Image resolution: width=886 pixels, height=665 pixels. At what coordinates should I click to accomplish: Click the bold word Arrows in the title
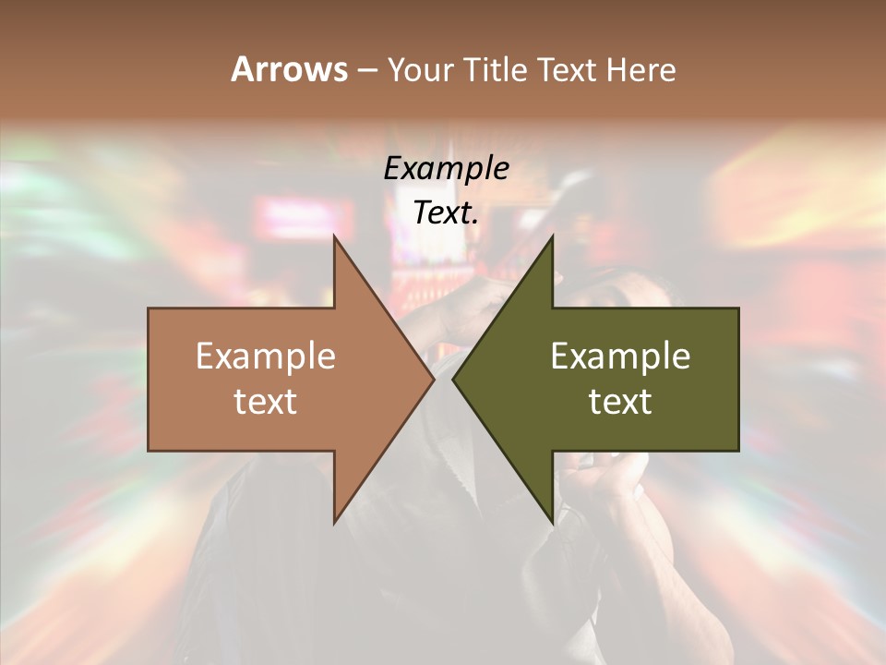[x=289, y=69]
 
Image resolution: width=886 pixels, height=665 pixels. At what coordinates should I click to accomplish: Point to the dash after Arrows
[x=366, y=70]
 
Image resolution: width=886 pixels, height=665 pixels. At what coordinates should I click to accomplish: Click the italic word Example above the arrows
[x=447, y=168]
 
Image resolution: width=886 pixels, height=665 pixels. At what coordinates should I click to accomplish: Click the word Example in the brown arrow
[x=266, y=357]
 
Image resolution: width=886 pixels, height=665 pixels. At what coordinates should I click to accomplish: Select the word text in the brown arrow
[x=266, y=402]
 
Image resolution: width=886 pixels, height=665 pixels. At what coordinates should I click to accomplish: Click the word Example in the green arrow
[x=620, y=357]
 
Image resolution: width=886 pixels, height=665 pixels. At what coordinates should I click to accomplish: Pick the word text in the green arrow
[x=620, y=402]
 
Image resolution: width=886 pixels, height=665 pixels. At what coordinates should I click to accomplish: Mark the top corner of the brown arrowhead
[x=335, y=238]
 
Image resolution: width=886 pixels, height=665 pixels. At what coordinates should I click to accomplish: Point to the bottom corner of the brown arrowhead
[x=335, y=521]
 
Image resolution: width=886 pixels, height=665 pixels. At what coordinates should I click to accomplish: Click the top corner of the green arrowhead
[x=551, y=238]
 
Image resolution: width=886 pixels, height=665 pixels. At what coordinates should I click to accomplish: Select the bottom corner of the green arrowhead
[x=551, y=521]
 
